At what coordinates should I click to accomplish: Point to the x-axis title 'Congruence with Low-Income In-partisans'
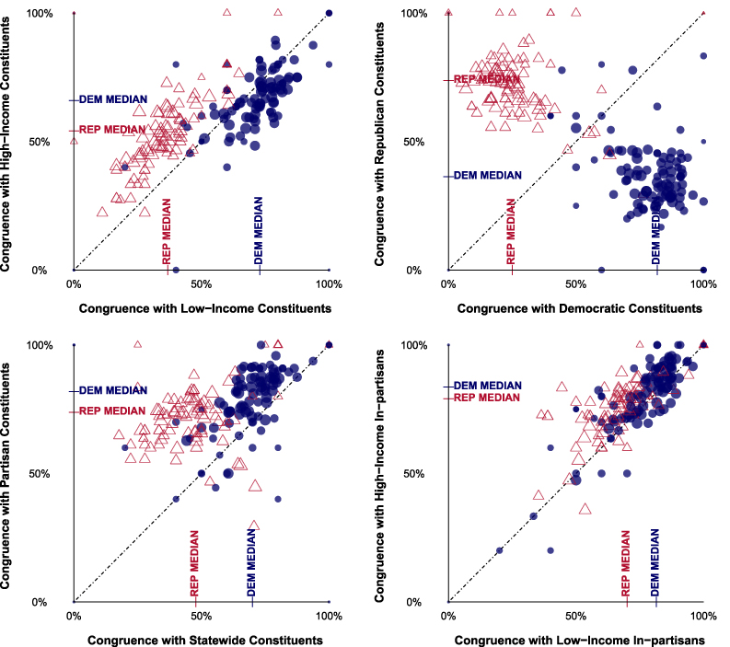(575, 640)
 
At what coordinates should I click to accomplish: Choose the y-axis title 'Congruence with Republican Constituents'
(380, 141)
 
